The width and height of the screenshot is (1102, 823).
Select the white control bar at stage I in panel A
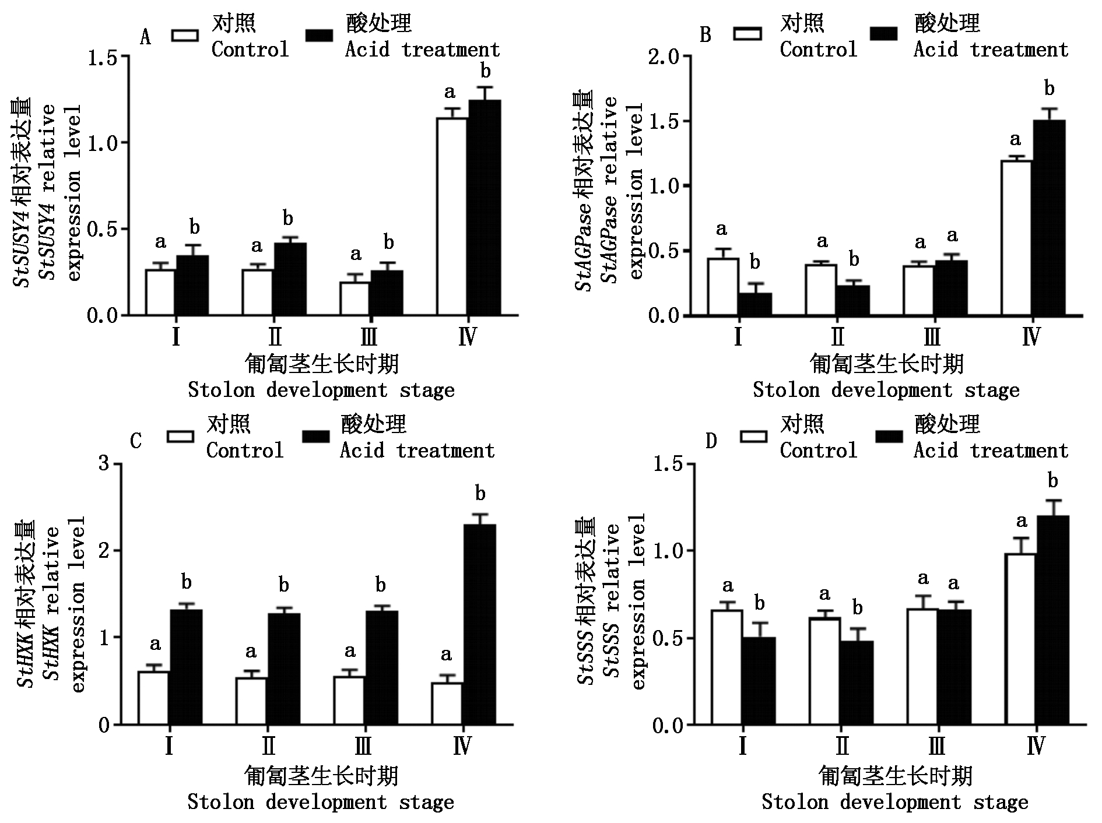(160, 292)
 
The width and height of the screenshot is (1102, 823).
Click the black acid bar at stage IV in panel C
(480, 624)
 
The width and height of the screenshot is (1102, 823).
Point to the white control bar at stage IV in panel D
(1020, 639)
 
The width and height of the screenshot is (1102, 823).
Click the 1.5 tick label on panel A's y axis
(104, 57)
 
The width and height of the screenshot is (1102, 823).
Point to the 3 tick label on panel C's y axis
(104, 464)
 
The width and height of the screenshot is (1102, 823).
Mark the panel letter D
(711, 441)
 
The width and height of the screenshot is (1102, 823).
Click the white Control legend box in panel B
(748, 33)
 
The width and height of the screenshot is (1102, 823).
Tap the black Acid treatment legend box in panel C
(315, 437)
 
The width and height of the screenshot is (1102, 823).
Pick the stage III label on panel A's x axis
(368, 336)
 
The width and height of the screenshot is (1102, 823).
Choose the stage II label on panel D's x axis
(841, 747)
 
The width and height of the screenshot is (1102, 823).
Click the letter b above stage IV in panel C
(480, 494)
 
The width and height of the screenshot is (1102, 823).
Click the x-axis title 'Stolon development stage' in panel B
(886, 389)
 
